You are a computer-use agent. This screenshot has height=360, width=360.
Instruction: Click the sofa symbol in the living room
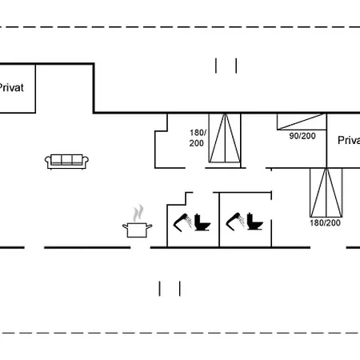(x=66, y=162)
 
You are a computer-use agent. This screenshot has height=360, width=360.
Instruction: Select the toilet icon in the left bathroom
(x=202, y=222)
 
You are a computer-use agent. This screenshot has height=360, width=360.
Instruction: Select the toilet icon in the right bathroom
(x=254, y=222)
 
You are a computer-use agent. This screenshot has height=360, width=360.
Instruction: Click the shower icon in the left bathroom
(x=182, y=222)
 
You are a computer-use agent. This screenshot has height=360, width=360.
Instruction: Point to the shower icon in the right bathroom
(x=235, y=222)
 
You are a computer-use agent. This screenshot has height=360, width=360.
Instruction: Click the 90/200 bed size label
(x=302, y=136)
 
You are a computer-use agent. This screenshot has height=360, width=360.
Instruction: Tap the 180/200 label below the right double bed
(x=325, y=223)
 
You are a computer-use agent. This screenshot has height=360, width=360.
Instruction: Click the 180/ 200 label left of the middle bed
(x=198, y=138)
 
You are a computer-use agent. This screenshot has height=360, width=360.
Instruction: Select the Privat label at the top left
(x=11, y=87)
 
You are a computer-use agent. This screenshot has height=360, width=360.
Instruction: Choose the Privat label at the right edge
(x=349, y=140)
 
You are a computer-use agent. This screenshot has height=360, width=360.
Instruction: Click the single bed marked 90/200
(x=302, y=122)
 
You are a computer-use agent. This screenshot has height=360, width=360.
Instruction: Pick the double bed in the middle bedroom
(x=225, y=138)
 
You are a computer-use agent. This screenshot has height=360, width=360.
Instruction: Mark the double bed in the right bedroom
(x=326, y=193)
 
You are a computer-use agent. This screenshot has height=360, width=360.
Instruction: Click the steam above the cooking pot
(x=138, y=213)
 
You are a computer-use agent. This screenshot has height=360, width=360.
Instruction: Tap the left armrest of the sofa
(x=48, y=161)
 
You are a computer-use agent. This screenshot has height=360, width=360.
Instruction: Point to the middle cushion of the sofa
(x=66, y=159)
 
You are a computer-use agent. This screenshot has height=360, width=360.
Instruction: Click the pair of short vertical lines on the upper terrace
(x=226, y=66)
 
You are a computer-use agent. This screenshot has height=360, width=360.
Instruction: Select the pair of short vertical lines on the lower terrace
(x=170, y=289)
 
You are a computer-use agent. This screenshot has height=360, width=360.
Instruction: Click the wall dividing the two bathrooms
(x=219, y=220)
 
